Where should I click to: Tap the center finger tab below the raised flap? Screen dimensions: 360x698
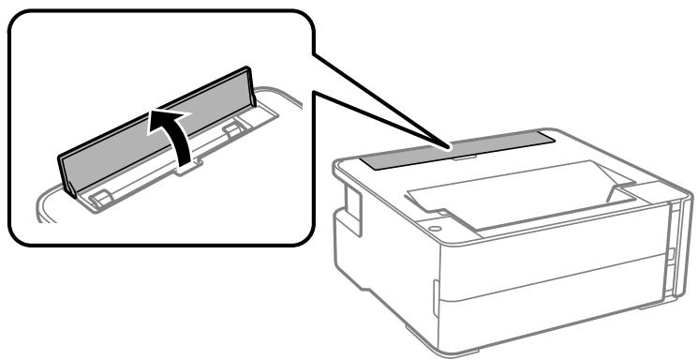click(187, 168)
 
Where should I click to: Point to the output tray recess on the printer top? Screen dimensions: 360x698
click(506, 192)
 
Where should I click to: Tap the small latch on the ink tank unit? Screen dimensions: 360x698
click(671, 253)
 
